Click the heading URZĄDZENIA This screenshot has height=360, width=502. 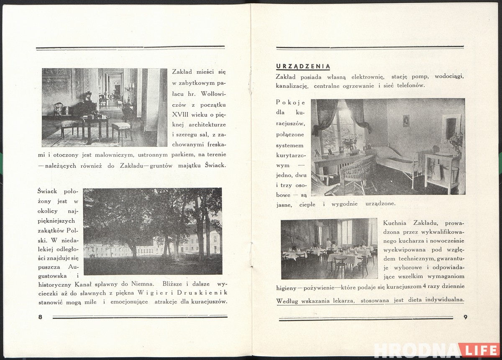(x=303, y=66)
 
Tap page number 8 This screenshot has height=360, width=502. (x=40, y=317)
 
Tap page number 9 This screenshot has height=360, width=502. (x=465, y=317)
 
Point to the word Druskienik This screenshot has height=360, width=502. (x=208, y=292)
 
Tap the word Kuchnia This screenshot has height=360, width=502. (x=394, y=223)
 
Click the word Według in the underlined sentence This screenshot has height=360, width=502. (x=287, y=300)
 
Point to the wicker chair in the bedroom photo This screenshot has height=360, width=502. (x=358, y=172)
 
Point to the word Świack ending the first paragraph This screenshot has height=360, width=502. (x=215, y=165)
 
